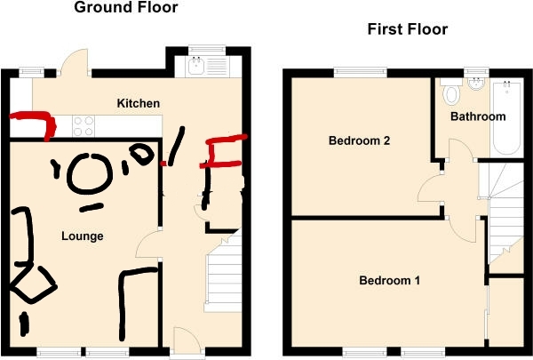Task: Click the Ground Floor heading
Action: tap(126, 7)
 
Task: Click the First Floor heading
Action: tap(408, 29)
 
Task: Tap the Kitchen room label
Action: tap(139, 103)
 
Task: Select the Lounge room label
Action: tap(83, 236)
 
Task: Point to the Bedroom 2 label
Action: tap(359, 140)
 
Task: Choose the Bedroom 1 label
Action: tap(390, 280)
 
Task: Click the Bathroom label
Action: tap(478, 116)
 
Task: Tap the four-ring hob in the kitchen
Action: tap(84, 126)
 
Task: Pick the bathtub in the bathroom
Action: tap(506, 116)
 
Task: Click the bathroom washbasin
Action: tap(476, 84)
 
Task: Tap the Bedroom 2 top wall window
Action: tap(361, 73)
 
